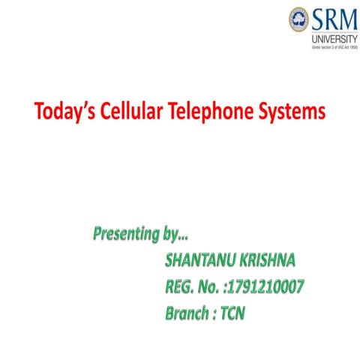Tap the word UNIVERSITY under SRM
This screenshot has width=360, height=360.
(x=331, y=34)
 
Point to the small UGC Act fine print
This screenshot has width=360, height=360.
(x=330, y=45)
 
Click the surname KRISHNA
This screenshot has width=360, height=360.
(x=266, y=260)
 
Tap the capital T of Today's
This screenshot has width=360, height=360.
(x=39, y=112)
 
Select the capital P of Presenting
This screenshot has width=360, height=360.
(x=97, y=234)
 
